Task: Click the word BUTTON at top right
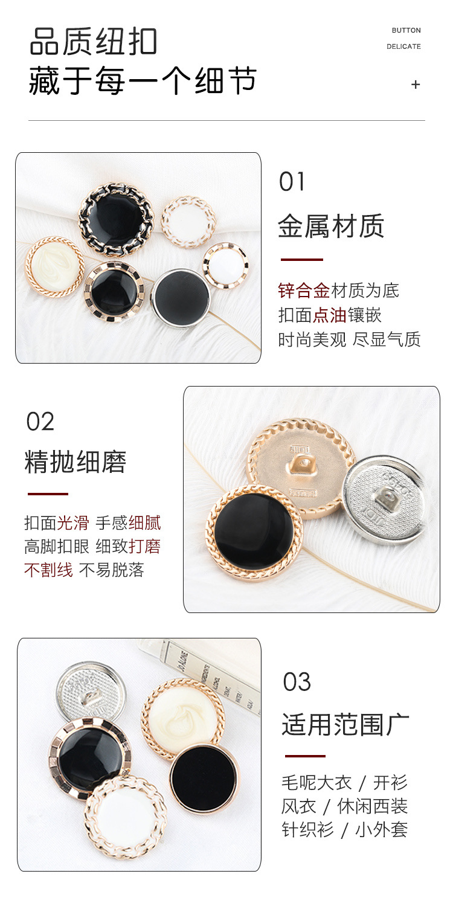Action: [406, 30]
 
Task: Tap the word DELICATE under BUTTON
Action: [403, 47]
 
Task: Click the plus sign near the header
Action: [415, 85]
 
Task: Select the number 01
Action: [292, 182]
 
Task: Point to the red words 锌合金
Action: [304, 291]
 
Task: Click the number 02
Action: [40, 422]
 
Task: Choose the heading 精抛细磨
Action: [75, 463]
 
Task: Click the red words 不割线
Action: [48, 570]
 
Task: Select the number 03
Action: [297, 682]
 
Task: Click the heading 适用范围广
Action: [345, 724]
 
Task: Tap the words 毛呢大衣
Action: [316, 783]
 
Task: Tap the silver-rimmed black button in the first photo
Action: [181, 297]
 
